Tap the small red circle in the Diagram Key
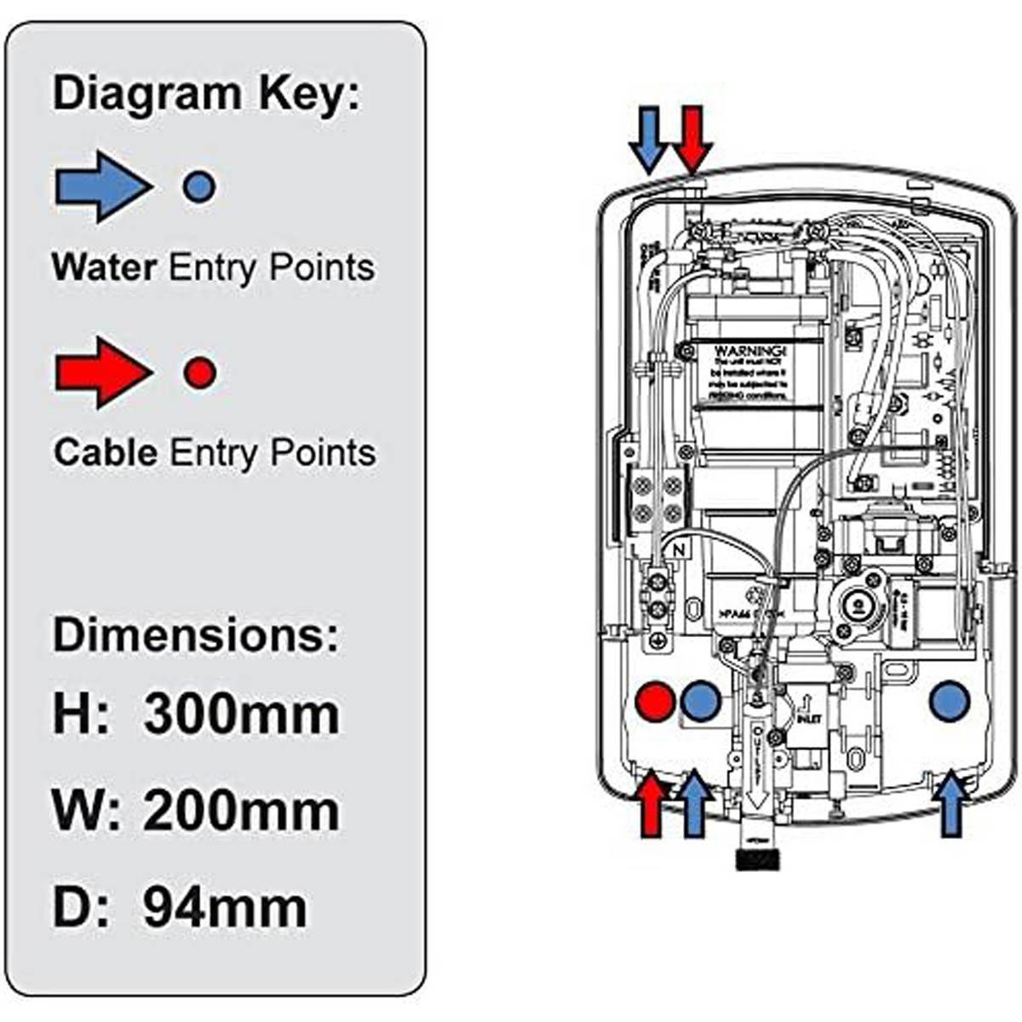[200, 372]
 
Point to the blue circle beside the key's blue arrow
[198, 186]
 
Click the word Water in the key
[104, 267]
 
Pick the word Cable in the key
[106, 452]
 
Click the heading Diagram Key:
[206, 93]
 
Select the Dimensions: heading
[195, 634]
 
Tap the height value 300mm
[241, 714]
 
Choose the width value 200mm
[241, 811]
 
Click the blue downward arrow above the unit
[649, 139]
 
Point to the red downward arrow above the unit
[692, 139]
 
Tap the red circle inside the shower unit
[655, 702]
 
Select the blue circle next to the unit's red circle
[701, 702]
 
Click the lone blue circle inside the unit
[950, 702]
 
